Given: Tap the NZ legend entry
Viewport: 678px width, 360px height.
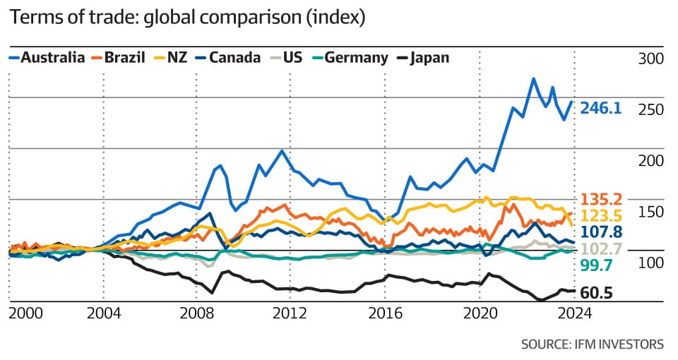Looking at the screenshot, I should tap(177, 57).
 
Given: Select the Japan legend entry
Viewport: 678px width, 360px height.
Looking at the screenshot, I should tap(428, 57).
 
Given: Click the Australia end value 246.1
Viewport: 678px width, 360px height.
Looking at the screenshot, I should tap(600, 108).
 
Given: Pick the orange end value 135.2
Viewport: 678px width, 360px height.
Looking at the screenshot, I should tap(600, 199).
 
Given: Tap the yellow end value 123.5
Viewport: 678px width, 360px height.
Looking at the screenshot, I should tap(600, 215).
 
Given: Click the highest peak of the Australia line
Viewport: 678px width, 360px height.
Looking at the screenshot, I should tap(533, 78).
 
